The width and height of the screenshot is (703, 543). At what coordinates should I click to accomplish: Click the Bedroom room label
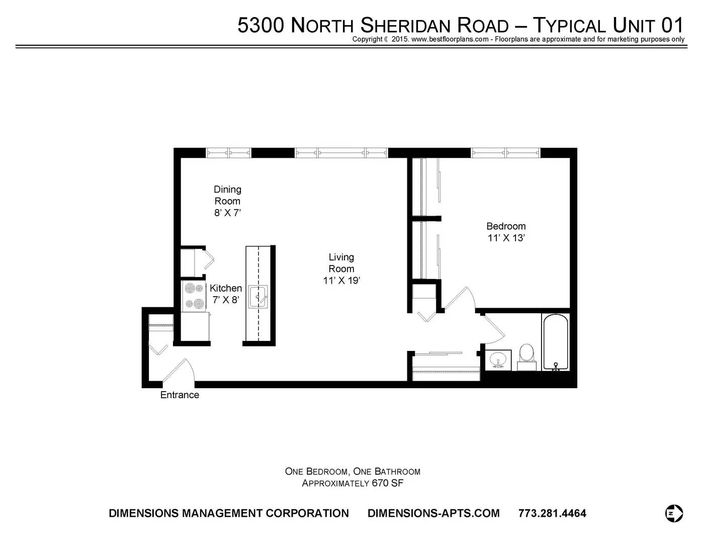tap(506, 226)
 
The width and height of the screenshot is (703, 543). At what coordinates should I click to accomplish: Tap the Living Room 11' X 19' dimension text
tap(341, 281)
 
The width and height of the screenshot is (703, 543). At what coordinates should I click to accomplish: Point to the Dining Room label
tap(227, 195)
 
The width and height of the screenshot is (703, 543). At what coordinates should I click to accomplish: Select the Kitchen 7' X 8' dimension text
tap(226, 300)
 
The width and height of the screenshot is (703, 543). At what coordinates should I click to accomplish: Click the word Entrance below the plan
tap(180, 395)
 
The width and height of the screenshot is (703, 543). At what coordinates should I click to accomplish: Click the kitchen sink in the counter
tap(258, 297)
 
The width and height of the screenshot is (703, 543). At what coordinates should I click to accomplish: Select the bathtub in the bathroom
tap(556, 342)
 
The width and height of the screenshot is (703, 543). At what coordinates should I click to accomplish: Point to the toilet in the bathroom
tap(526, 357)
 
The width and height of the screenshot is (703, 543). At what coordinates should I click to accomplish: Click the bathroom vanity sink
tap(498, 360)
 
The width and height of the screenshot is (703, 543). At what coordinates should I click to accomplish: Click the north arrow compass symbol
tap(674, 513)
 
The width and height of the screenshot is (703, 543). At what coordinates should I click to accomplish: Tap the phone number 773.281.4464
tap(552, 513)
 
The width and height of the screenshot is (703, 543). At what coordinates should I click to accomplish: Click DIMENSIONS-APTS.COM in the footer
tap(433, 513)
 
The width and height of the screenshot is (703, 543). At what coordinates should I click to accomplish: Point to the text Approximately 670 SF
tap(353, 483)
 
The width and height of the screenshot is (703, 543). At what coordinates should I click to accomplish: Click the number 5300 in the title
tap(261, 25)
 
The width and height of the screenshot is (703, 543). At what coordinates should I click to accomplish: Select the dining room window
tap(228, 153)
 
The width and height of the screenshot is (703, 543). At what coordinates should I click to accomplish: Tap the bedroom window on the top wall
tap(505, 153)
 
